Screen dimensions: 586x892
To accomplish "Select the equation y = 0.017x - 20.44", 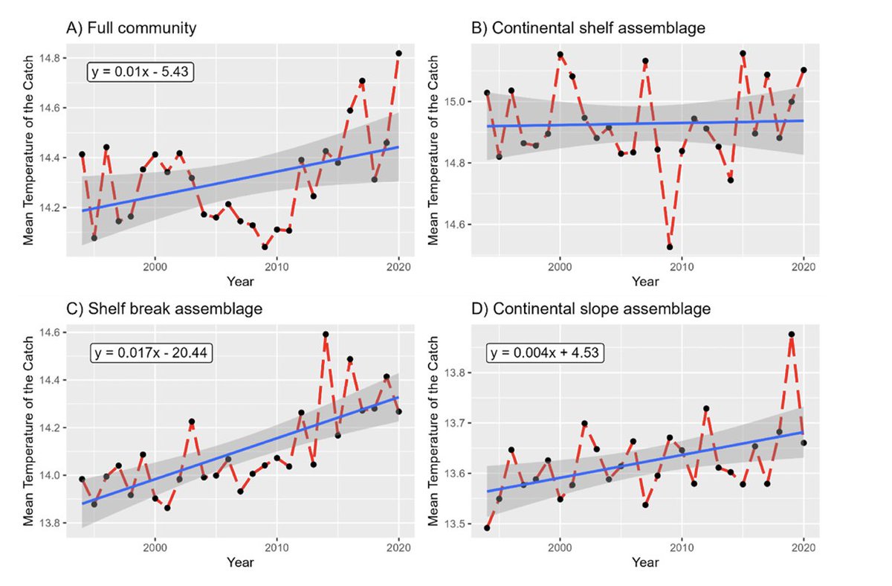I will click(152, 353).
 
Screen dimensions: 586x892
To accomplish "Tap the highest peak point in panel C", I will click(326, 335).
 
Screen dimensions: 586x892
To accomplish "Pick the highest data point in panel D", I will click(792, 335).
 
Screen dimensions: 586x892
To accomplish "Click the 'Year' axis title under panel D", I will click(644, 562).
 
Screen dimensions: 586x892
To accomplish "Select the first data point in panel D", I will click(487, 528).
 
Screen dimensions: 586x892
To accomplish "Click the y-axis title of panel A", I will click(28, 152).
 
